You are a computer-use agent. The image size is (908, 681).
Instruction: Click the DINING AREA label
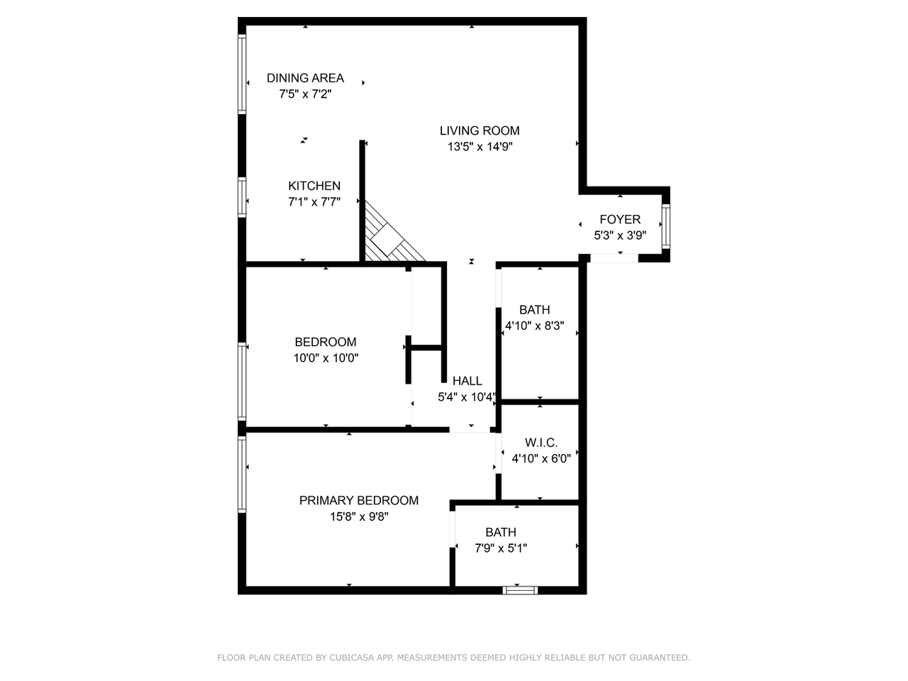click(305, 78)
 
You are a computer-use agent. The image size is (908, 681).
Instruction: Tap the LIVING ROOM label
click(480, 131)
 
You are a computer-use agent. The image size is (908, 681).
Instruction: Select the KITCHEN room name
click(314, 186)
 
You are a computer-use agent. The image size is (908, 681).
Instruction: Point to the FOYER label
click(620, 220)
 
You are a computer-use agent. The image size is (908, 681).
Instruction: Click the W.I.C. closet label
click(541, 443)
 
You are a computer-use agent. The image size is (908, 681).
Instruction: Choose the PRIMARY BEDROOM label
click(359, 501)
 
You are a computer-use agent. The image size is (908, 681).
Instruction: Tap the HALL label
click(467, 381)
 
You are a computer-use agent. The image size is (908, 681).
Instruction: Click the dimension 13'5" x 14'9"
click(480, 148)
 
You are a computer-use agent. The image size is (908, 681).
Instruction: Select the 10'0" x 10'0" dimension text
click(326, 359)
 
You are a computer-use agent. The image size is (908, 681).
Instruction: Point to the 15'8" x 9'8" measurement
click(359, 517)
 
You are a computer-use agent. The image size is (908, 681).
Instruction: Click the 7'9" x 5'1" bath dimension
click(501, 548)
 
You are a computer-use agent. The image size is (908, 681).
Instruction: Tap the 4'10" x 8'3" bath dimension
click(534, 326)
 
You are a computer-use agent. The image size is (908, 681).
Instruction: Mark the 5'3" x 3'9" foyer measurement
click(620, 236)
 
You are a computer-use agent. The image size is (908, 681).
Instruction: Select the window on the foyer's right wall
click(665, 226)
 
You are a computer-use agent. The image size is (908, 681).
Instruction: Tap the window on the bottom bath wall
click(520, 589)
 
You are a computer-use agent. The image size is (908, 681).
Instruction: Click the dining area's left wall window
click(242, 74)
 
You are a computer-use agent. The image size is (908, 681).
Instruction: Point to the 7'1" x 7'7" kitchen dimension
click(314, 202)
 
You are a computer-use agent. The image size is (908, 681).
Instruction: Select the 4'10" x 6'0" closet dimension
click(541, 459)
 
